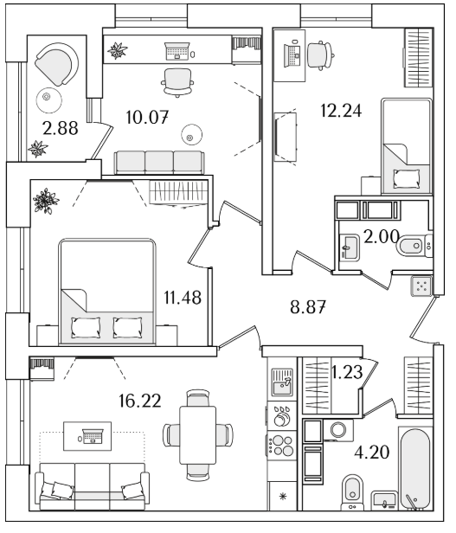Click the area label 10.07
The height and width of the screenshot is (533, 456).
click(147, 118)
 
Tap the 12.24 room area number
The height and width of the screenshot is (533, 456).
click(341, 111)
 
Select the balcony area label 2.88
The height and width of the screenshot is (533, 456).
click(61, 128)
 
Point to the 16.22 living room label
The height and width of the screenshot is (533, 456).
click(140, 401)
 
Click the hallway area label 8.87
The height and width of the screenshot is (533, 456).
click(308, 307)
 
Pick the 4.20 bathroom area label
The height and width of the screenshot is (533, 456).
click(372, 452)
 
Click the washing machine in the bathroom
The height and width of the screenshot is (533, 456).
click(338, 430)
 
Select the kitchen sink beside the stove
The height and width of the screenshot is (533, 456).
click(282, 382)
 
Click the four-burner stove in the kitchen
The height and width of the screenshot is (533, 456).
click(282, 446)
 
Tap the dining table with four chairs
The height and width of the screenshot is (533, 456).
click(198, 436)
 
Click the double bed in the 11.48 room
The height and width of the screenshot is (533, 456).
click(107, 292)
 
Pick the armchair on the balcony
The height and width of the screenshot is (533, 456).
click(57, 64)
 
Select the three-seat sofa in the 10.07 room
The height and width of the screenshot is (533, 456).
click(159, 163)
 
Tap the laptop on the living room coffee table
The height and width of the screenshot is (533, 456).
click(93, 436)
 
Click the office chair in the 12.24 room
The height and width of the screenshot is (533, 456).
click(320, 55)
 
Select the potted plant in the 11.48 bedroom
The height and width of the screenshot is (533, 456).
click(46, 201)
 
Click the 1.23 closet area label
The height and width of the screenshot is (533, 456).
click(346, 372)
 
